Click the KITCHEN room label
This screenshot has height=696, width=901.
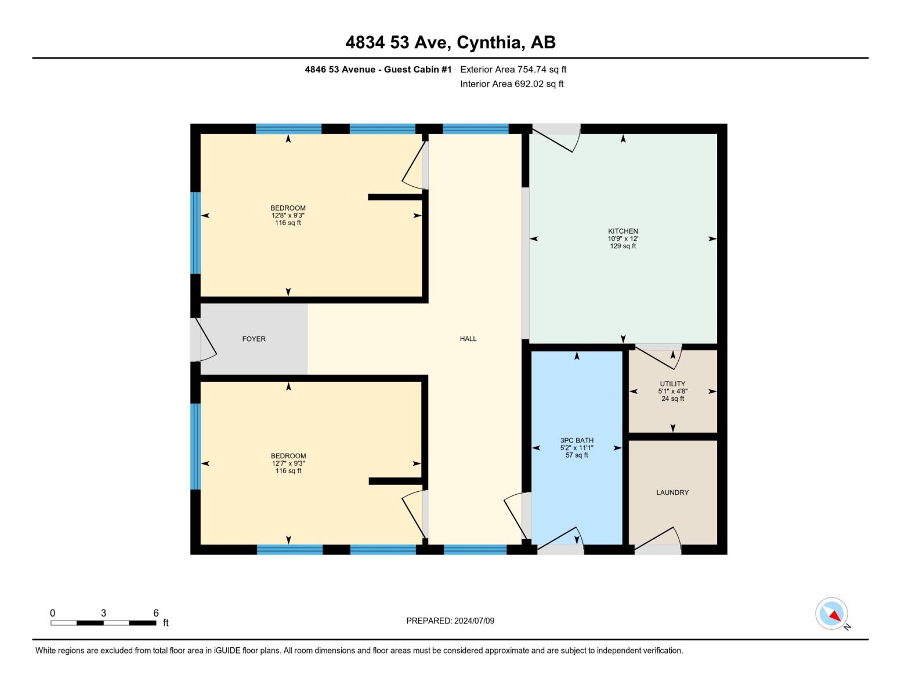623,231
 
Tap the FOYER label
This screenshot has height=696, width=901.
254,339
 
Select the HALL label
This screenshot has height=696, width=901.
468,339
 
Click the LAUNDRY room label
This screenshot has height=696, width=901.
672,492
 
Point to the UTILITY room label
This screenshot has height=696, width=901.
672,383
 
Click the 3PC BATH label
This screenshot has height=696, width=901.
577,440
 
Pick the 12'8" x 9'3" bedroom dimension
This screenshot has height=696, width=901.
288,215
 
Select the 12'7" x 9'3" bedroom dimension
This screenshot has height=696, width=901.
288,463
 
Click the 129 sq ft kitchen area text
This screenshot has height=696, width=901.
623,246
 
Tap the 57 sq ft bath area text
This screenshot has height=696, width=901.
577,455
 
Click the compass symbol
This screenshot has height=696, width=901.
832,614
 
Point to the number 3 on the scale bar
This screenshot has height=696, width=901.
103,613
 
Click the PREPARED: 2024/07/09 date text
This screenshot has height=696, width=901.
450,621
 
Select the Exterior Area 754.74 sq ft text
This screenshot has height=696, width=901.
513,69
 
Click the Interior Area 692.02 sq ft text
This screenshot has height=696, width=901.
512,84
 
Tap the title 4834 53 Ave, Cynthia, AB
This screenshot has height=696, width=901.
450,42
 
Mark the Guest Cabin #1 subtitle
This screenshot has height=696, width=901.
378,69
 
